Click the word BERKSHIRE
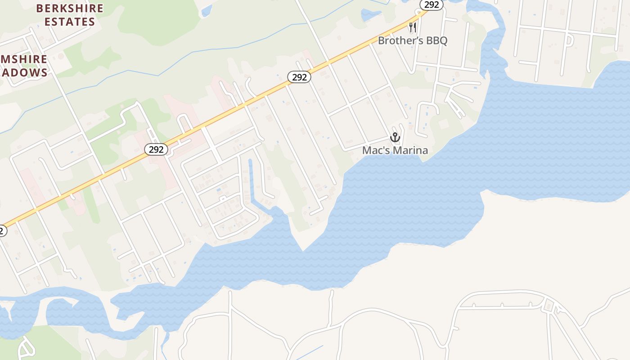(x=70, y=8)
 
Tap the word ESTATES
(x=70, y=22)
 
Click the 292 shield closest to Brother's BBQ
(x=432, y=4)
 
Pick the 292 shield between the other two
(x=299, y=77)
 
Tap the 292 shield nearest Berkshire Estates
(x=156, y=149)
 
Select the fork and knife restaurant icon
(x=412, y=28)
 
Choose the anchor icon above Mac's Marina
(x=395, y=137)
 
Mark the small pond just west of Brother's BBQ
(x=371, y=14)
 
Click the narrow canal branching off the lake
(x=251, y=180)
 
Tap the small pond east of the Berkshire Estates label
(x=207, y=10)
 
